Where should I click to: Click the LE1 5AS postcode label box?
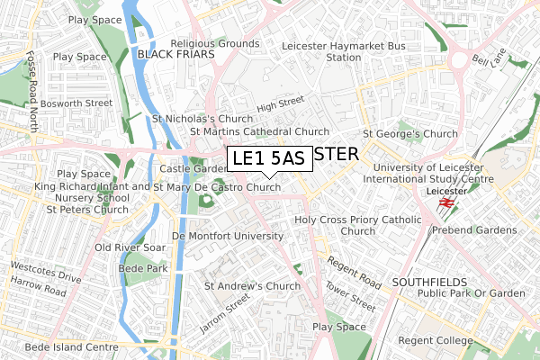268,158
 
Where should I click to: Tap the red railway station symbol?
445,204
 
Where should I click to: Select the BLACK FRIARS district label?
175,55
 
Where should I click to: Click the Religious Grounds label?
215,42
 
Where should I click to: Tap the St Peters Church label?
86,210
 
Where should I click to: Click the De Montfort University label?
227,235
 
